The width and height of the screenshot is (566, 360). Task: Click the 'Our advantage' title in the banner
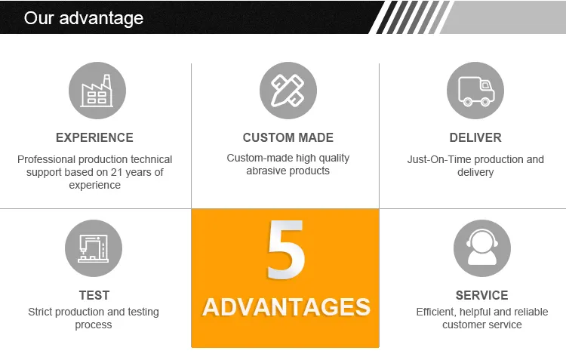tap(83, 17)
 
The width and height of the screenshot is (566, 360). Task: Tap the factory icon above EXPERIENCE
tap(97, 91)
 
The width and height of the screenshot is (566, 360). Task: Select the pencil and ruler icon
tap(288, 91)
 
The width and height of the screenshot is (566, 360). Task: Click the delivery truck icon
tap(475, 91)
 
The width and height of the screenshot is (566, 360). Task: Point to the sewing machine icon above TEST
tap(94, 248)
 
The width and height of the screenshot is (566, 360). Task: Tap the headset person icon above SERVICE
tap(481, 248)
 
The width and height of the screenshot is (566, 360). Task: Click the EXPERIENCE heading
tap(94, 137)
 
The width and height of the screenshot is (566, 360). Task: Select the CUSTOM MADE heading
tap(288, 137)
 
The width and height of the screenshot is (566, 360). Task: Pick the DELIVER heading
tap(475, 137)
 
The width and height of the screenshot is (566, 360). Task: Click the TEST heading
tap(94, 295)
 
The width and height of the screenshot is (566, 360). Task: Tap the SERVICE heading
tap(481, 295)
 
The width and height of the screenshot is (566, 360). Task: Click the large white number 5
tap(286, 251)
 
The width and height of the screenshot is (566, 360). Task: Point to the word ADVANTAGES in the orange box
tap(286, 307)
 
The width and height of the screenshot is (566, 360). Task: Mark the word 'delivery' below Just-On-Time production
tap(475, 172)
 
